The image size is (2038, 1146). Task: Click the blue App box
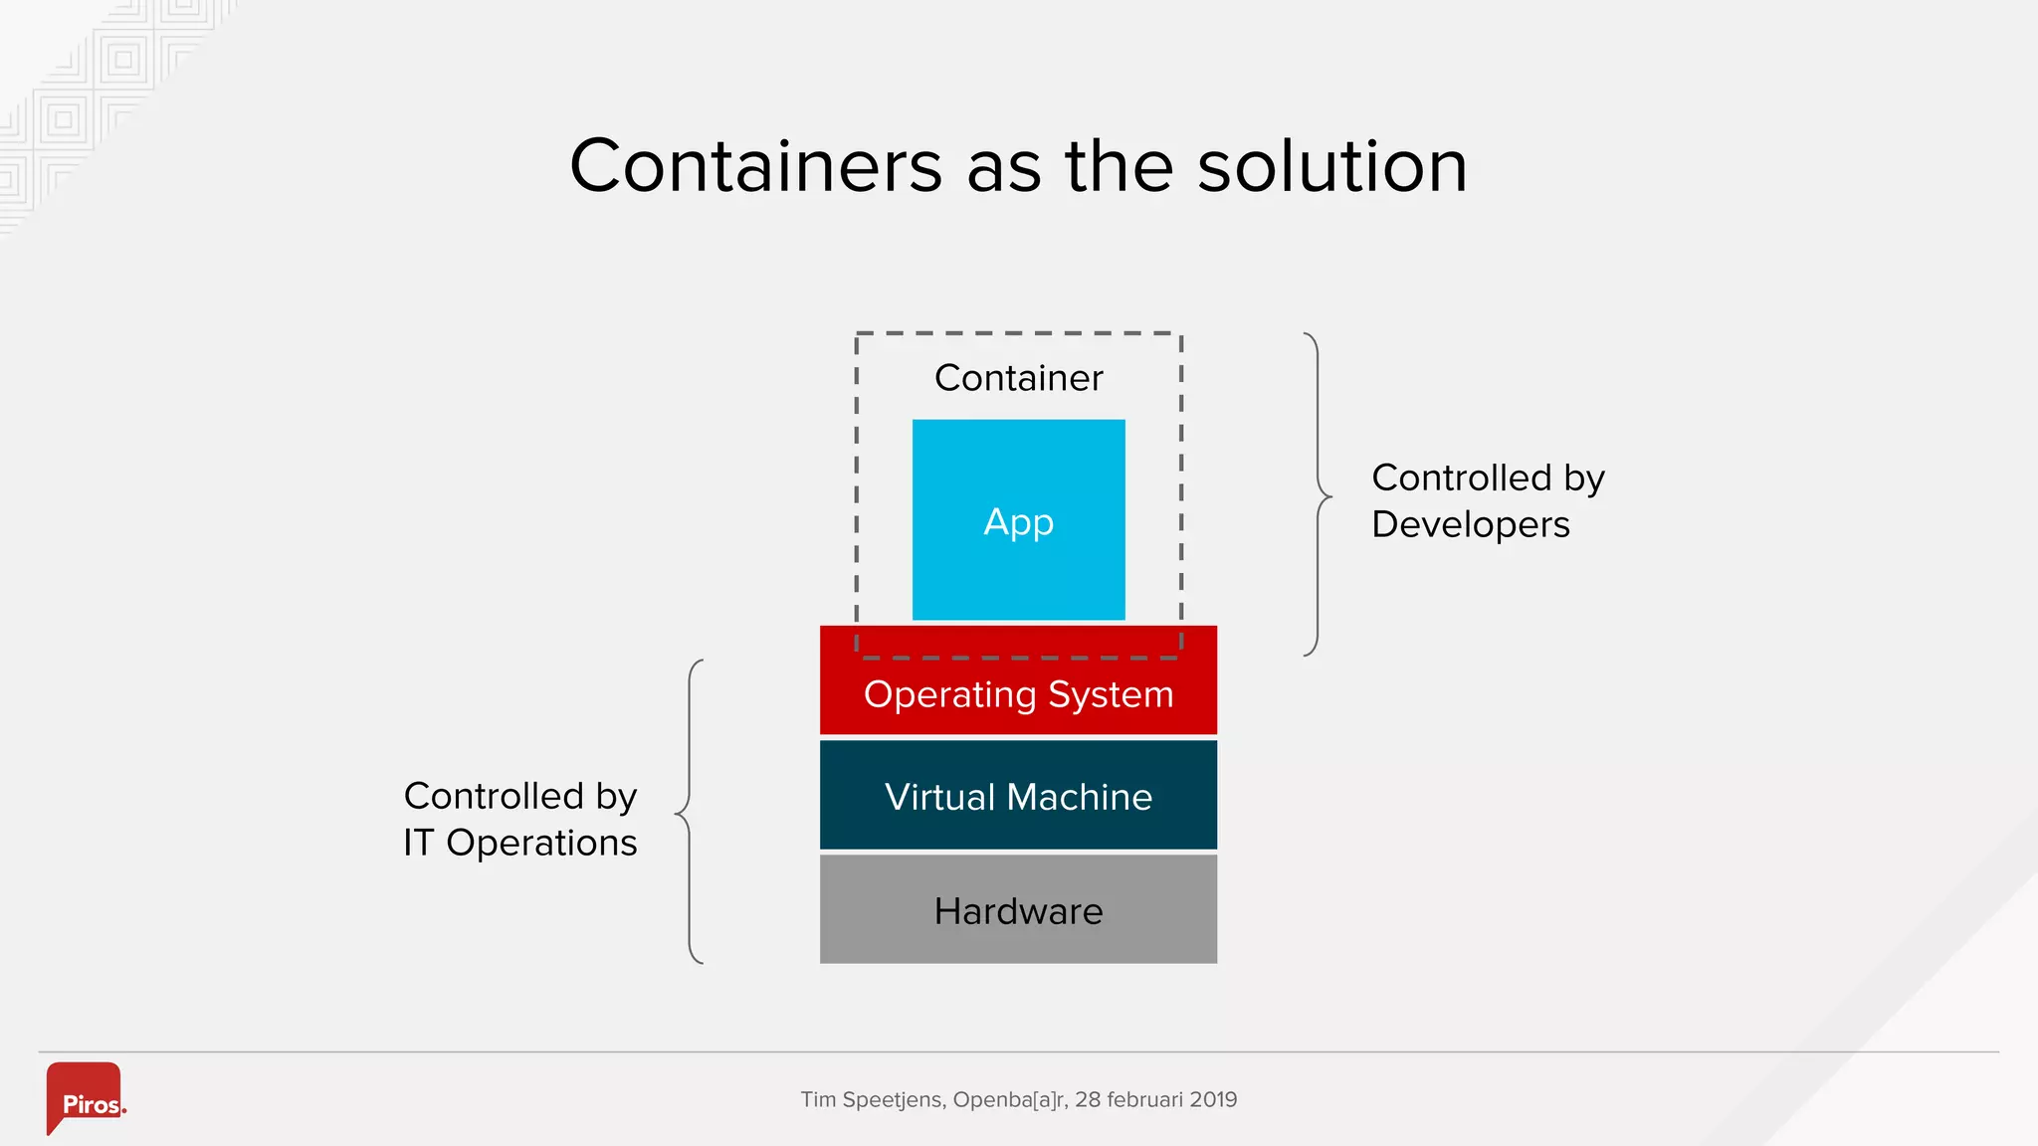point(1018,519)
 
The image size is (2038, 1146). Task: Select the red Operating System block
point(1018,694)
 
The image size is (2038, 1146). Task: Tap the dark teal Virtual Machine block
point(1018,796)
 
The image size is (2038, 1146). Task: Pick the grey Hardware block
point(1018,910)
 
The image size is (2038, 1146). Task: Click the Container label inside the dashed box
point(1018,378)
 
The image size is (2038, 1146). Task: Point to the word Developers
point(1470,524)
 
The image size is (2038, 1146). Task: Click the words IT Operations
point(519,843)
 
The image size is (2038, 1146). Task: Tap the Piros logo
point(86,1098)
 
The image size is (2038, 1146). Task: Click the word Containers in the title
point(755,166)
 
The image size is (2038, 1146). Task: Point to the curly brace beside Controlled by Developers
point(1318,494)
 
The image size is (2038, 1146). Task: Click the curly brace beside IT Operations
point(690,812)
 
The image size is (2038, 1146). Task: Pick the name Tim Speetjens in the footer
point(872,1099)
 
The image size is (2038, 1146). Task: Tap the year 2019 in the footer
point(1213,1099)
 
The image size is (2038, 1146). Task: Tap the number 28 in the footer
point(1087,1099)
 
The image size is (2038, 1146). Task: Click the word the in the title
point(1120,166)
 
